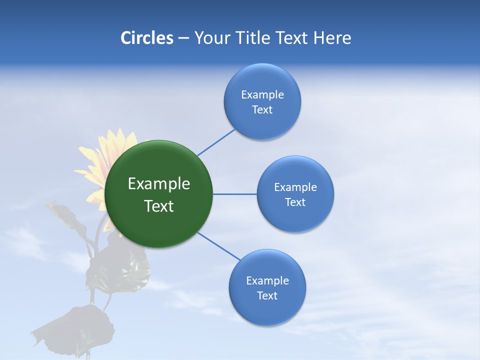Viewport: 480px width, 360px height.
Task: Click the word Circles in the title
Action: coord(147,38)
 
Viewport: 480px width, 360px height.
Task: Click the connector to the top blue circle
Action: coord(216,142)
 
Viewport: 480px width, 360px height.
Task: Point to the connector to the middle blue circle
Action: coord(234,194)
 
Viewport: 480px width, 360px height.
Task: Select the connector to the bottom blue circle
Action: coord(219,246)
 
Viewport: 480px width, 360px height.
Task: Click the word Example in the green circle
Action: coord(159,184)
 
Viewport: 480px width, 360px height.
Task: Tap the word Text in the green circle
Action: coord(159,206)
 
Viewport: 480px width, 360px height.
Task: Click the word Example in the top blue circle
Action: coord(262,95)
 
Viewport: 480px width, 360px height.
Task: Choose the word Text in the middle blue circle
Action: coord(295,202)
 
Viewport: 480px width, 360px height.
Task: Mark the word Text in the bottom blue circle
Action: coord(267,296)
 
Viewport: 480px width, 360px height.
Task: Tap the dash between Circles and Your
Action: coord(183,38)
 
